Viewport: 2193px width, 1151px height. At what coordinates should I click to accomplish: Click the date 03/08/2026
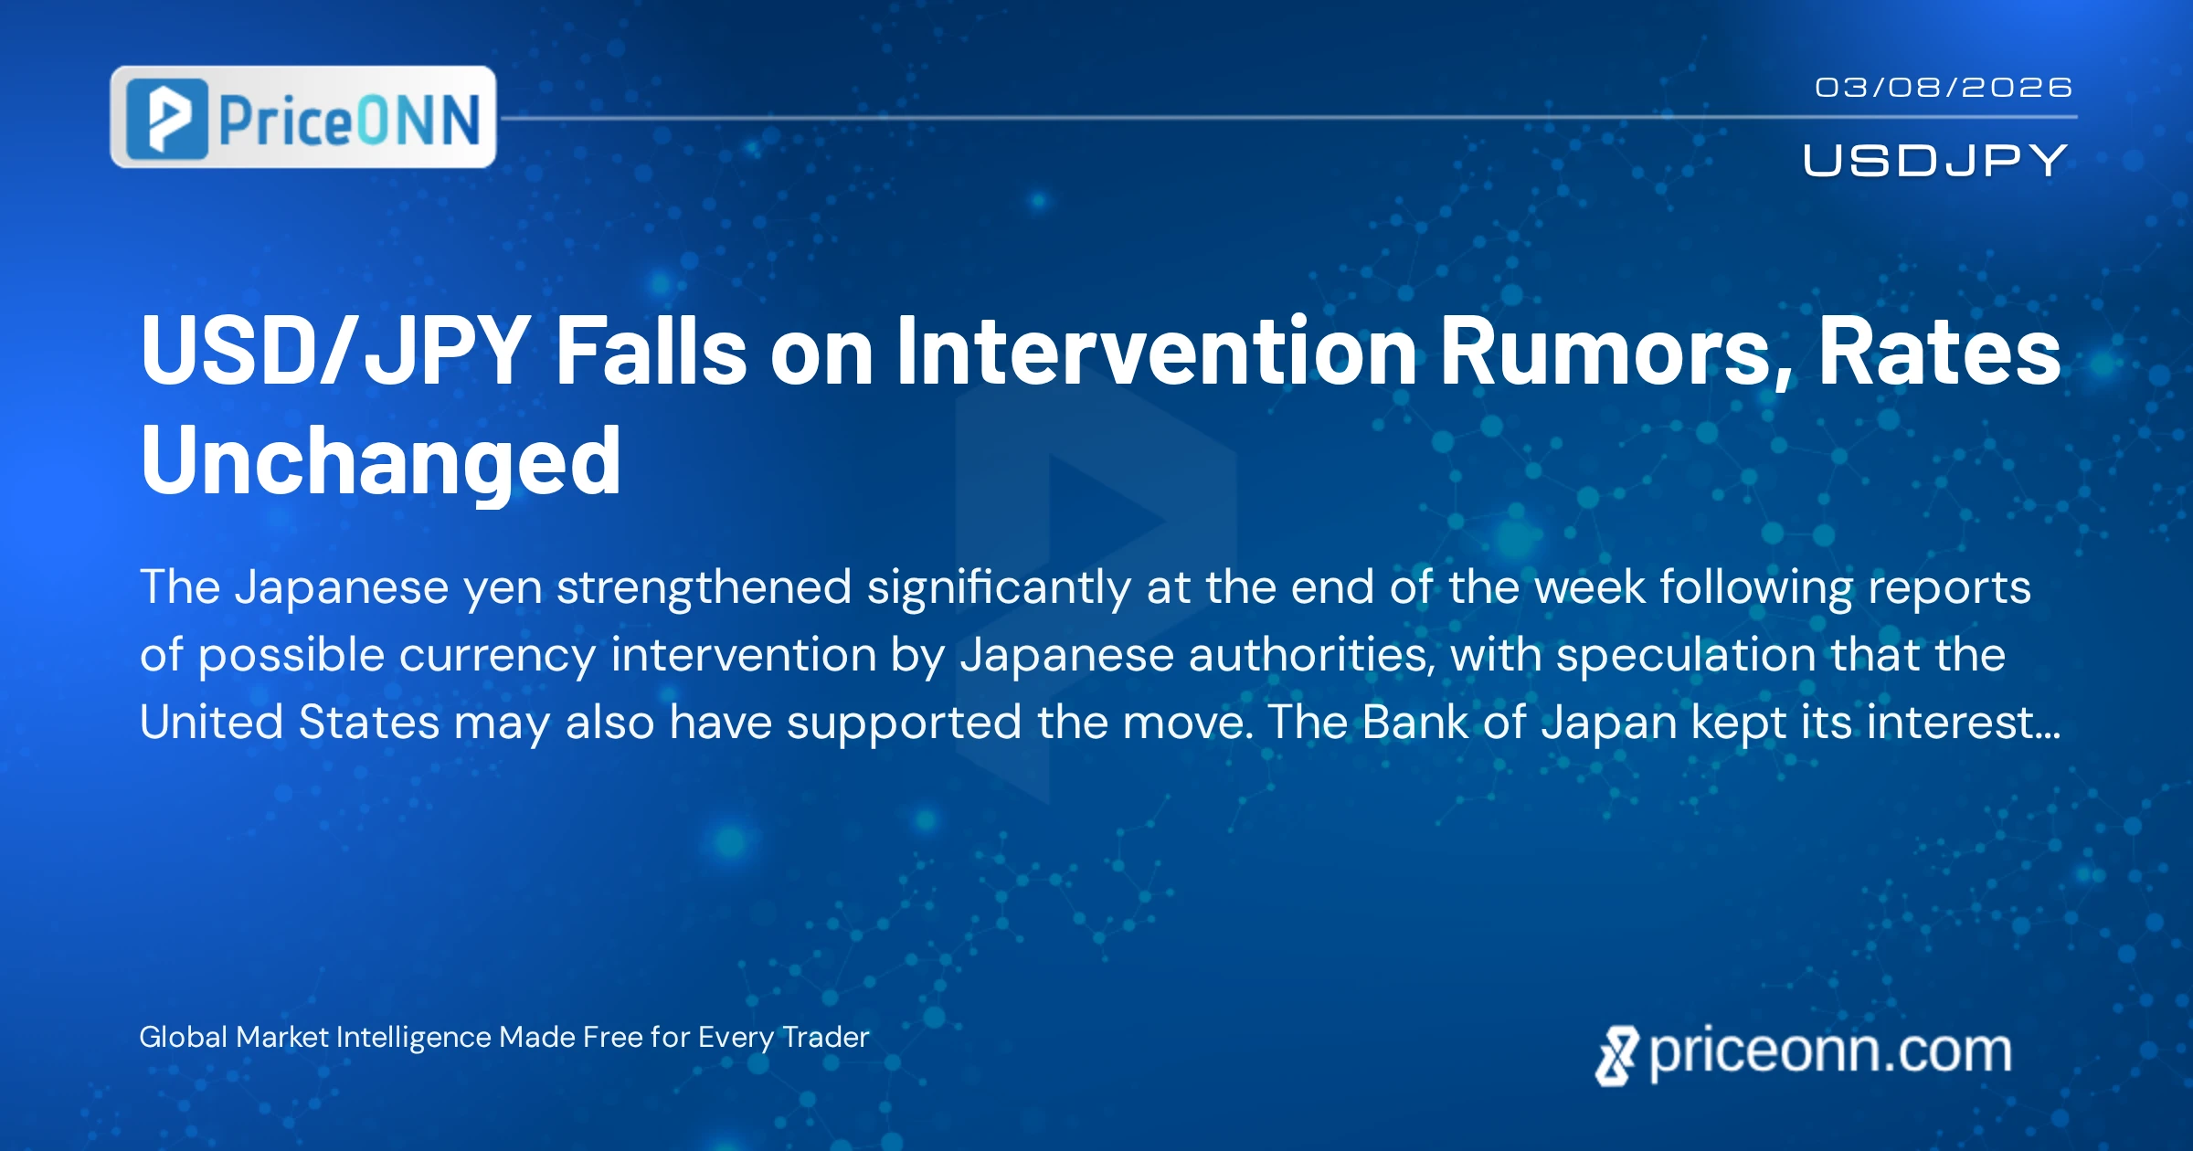1943,88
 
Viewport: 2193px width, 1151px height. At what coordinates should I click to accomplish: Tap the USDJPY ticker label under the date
1934,161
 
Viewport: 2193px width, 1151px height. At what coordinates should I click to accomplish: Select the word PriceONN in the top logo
349,120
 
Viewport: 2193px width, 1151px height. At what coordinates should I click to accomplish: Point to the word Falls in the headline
652,351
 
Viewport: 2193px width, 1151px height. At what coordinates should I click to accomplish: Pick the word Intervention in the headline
1157,351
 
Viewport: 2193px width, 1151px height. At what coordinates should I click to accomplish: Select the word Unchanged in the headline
381,462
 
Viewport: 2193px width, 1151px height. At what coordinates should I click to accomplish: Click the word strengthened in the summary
704,586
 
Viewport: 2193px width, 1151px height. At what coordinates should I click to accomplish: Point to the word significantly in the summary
999,588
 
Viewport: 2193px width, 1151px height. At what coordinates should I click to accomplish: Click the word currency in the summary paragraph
497,656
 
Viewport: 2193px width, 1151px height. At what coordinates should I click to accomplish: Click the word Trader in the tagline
826,1037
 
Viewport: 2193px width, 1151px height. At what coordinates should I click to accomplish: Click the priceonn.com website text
1830,1052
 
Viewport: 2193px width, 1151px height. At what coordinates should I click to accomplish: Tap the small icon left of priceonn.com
1617,1056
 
